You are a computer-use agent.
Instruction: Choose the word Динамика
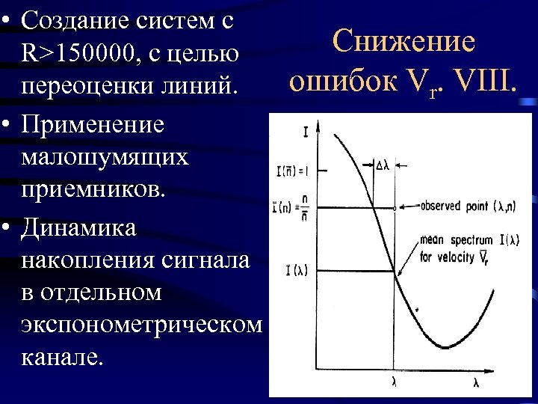point(79,227)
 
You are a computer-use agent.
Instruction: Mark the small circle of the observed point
point(395,206)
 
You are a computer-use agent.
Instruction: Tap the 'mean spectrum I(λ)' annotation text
point(457,241)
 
